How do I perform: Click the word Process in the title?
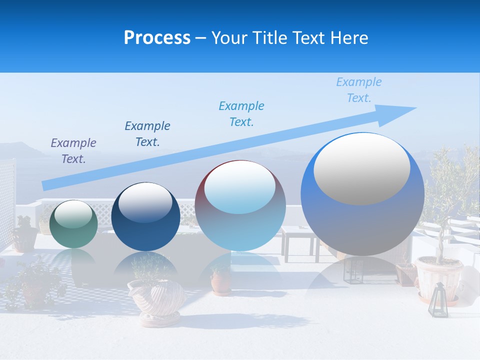tap(157, 37)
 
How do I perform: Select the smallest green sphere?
tap(73, 224)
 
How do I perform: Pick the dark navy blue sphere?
tap(145, 217)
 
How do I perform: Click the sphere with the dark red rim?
tap(240, 205)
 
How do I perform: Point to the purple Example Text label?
tap(73, 151)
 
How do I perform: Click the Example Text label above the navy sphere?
tap(147, 134)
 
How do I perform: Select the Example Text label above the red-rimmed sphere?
tap(241, 114)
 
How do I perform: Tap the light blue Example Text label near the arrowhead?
tap(359, 90)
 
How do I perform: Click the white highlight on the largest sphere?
tap(361, 169)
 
